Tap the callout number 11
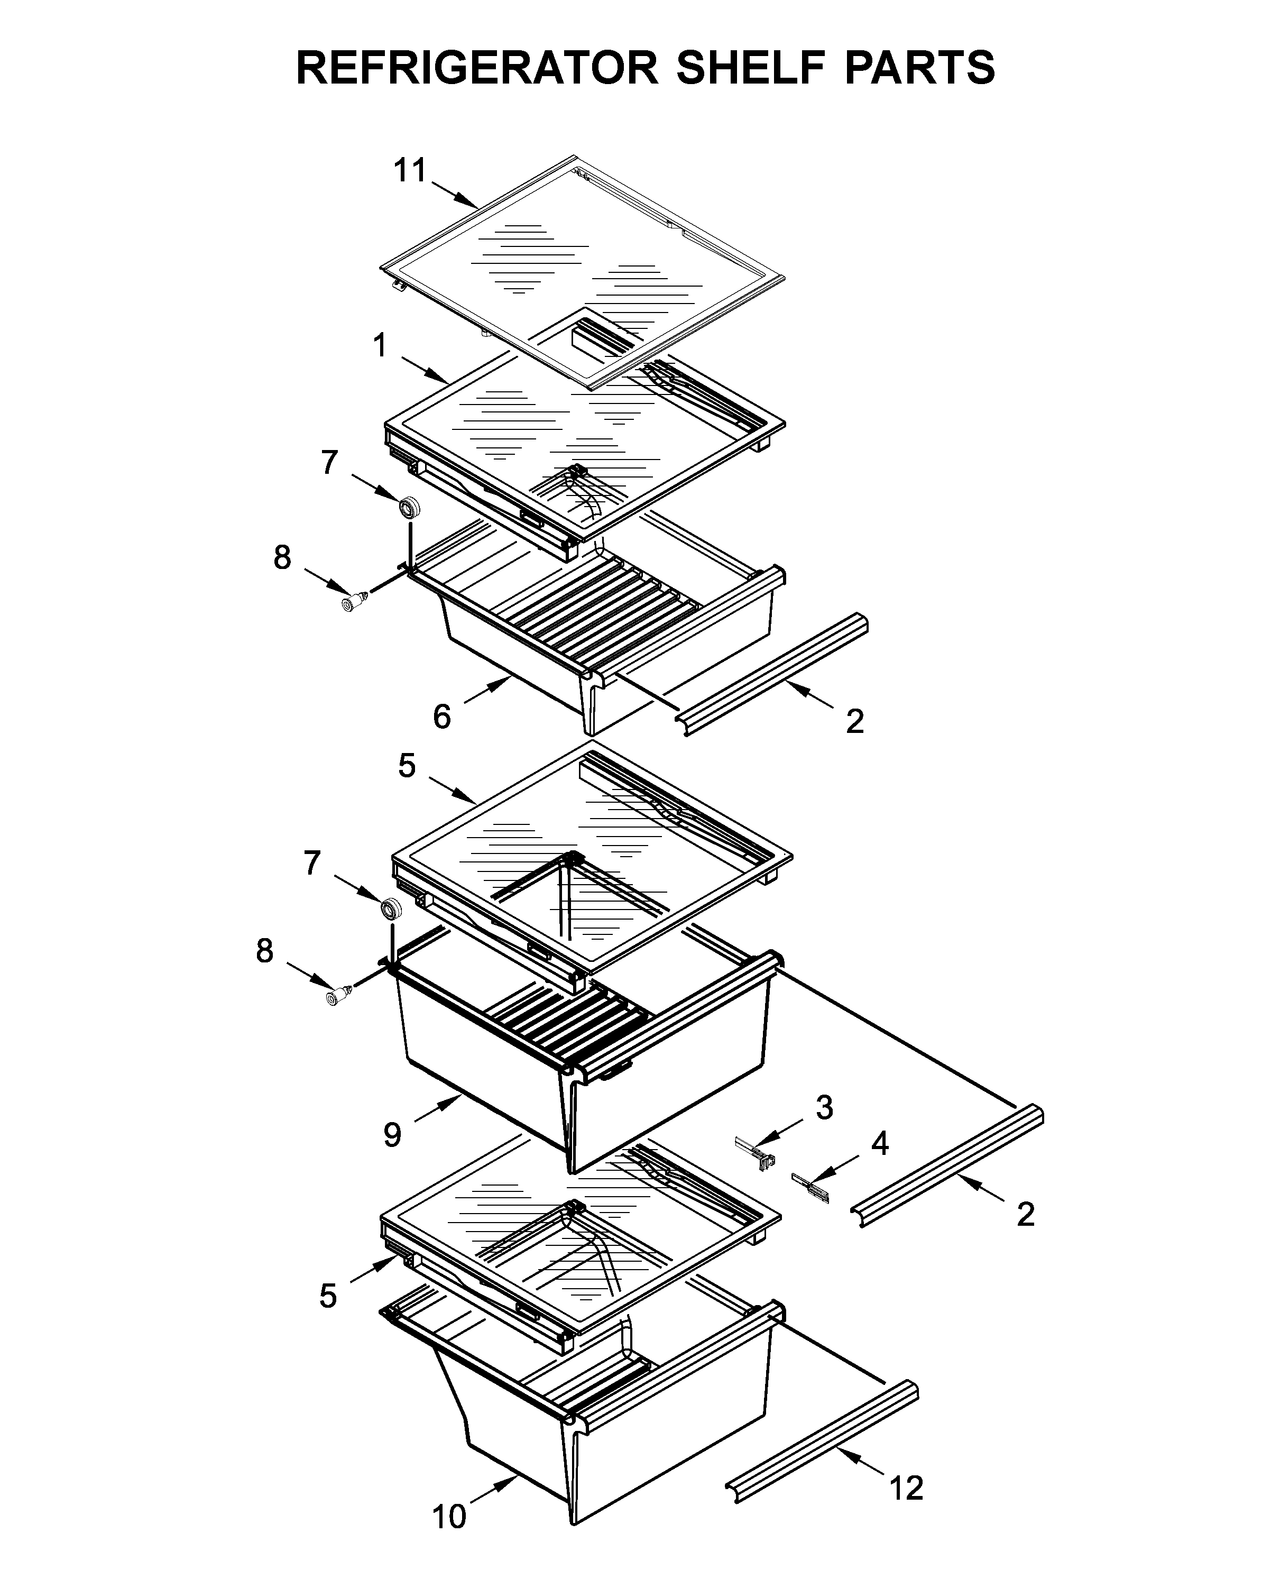[410, 171]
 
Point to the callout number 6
[441, 717]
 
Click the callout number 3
[824, 1107]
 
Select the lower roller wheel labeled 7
[391, 908]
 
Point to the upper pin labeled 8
[354, 603]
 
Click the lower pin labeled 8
[337, 997]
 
